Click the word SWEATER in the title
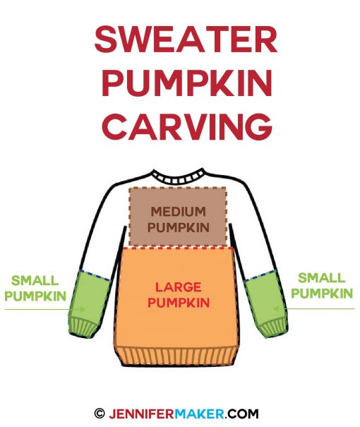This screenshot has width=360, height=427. pos(186,40)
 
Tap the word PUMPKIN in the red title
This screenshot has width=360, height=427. pos(187,83)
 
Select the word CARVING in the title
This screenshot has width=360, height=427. pos(188,126)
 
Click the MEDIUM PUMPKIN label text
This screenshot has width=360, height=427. pos(179,219)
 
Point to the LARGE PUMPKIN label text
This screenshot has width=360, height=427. pos(179,295)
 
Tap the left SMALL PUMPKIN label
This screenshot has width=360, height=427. pos(35,288)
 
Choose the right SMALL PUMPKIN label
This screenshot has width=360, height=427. pos(322,285)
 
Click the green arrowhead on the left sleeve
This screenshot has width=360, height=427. pos(82,309)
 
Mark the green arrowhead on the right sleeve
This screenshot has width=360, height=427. pos(276,309)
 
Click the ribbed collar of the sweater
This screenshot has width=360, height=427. pos(179,177)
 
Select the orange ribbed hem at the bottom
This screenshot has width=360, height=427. pos(177,356)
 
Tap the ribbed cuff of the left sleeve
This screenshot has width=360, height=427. pos(83,327)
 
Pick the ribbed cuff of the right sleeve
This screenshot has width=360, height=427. pos(273,327)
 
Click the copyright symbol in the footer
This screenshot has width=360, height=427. pos(100,414)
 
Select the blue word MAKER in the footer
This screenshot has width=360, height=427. pos(199,414)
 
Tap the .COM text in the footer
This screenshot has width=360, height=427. pos(241,414)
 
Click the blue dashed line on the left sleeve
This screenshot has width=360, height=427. pos(95,275)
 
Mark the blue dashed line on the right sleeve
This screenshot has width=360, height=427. pos(260,275)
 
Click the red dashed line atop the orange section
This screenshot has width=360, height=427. pos(178,248)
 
